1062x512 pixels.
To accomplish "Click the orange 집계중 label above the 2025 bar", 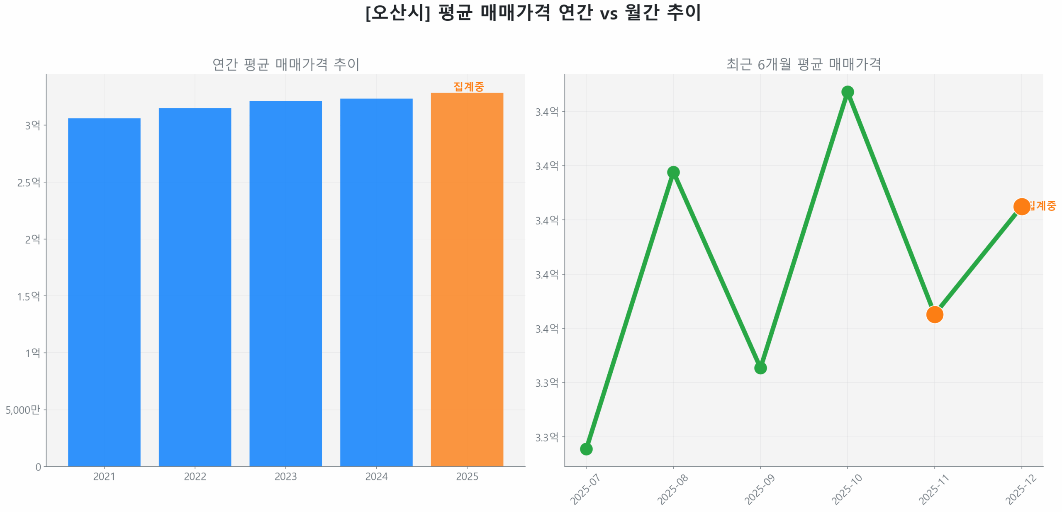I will [x=468, y=86].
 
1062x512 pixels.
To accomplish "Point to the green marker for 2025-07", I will [x=586, y=449].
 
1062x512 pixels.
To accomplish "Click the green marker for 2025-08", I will [x=673, y=172].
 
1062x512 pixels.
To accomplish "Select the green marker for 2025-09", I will [x=760, y=368].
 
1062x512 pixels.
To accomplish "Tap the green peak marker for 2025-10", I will [x=847, y=92].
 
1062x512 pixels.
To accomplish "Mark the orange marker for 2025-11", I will [x=934, y=315].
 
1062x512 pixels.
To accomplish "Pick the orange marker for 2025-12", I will [x=1021, y=206].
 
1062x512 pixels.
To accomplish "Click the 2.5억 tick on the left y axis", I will [x=29, y=182].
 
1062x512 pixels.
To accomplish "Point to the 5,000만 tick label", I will [x=23, y=410].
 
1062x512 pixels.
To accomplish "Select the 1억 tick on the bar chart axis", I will [x=33, y=353].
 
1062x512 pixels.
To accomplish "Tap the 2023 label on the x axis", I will [x=285, y=476].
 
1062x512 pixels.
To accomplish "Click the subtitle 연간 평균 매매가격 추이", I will [x=285, y=64].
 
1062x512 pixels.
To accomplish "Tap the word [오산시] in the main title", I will [x=397, y=12].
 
